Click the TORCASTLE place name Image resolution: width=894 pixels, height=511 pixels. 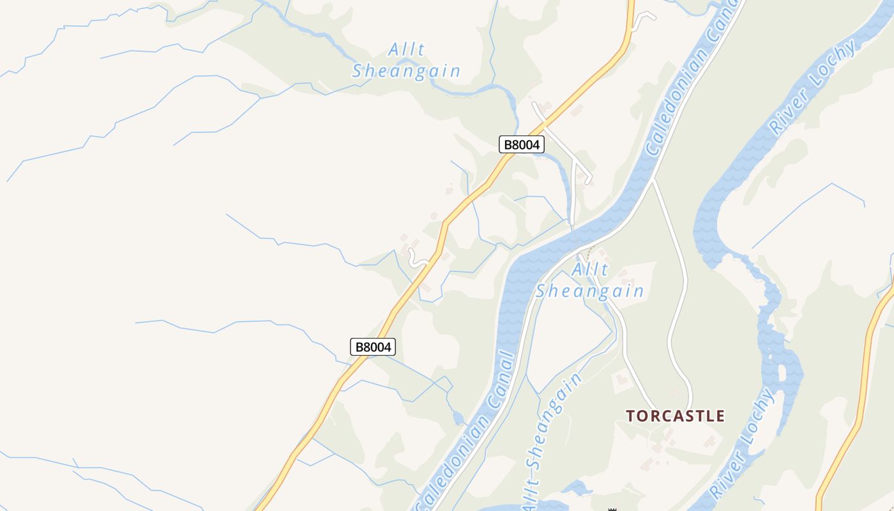[x=675, y=416]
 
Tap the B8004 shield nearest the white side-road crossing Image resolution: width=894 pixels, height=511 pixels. [x=521, y=144]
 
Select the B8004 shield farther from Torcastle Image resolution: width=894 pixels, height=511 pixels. [x=373, y=347]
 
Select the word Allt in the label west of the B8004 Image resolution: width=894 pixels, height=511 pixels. [x=407, y=50]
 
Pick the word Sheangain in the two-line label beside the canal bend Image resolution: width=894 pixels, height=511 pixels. [x=589, y=292]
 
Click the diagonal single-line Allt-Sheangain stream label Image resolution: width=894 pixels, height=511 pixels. [x=552, y=441]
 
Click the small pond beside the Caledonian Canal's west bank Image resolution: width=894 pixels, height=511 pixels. [x=458, y=418]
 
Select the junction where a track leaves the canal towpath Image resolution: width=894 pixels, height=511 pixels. [x=653, y=181]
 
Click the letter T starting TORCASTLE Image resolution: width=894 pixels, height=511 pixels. [x=631, y=416]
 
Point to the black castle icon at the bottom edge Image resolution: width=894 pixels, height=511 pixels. [x=612, y=509]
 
